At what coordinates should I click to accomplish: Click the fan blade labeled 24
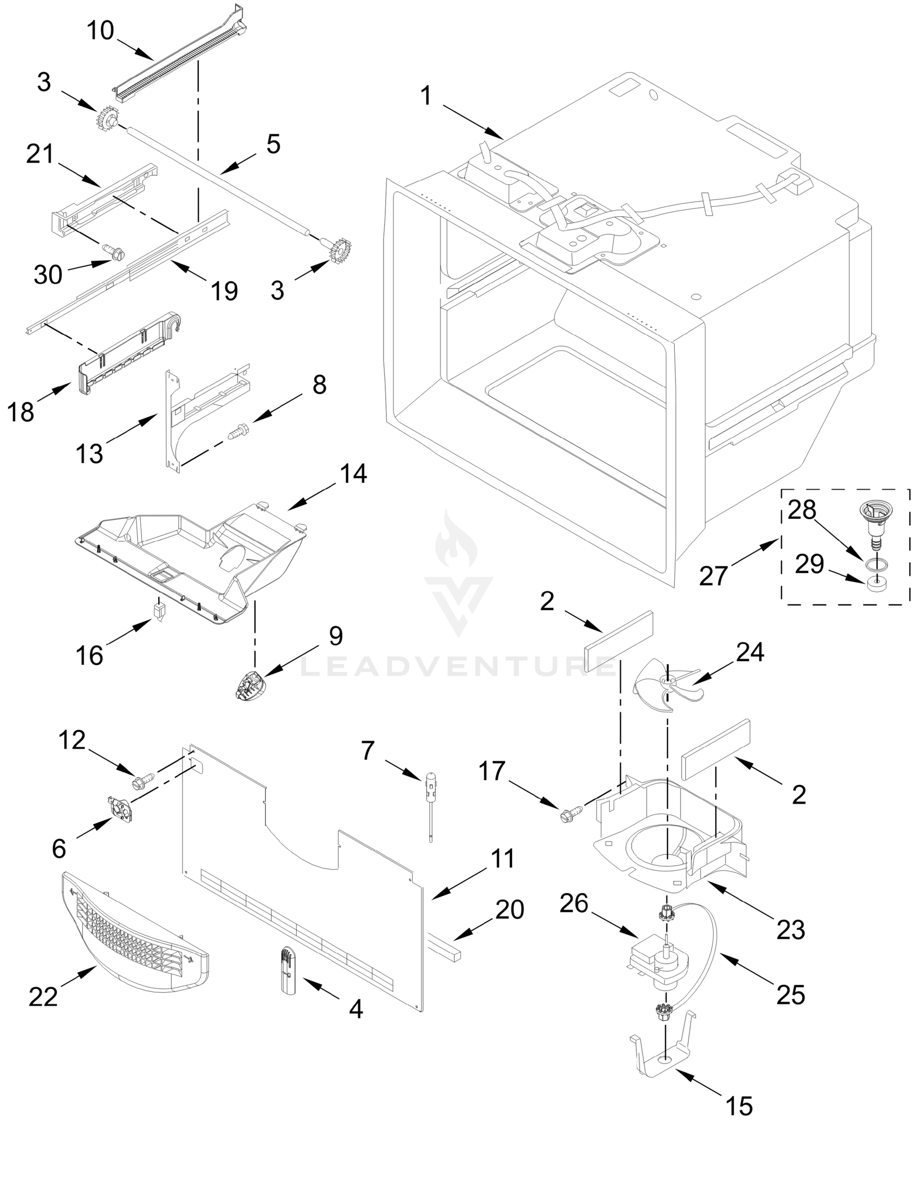tap(666, 685)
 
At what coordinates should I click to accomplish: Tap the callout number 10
tap(100, 31)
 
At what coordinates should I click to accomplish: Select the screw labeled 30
tap(115, 251)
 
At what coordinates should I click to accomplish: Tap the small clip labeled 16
tap(159, 613)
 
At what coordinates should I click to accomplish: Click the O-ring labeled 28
tap(877, 564)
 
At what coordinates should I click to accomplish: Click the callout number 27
tap(713, 576)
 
